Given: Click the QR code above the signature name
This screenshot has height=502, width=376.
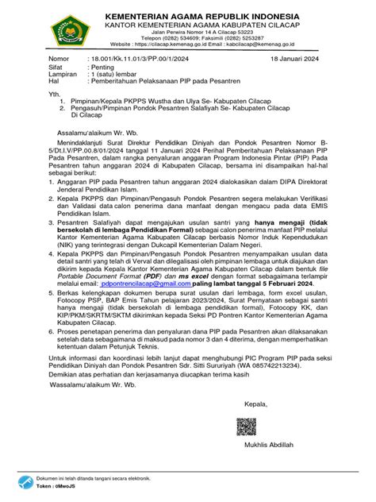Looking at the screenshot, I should coord(247,429).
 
